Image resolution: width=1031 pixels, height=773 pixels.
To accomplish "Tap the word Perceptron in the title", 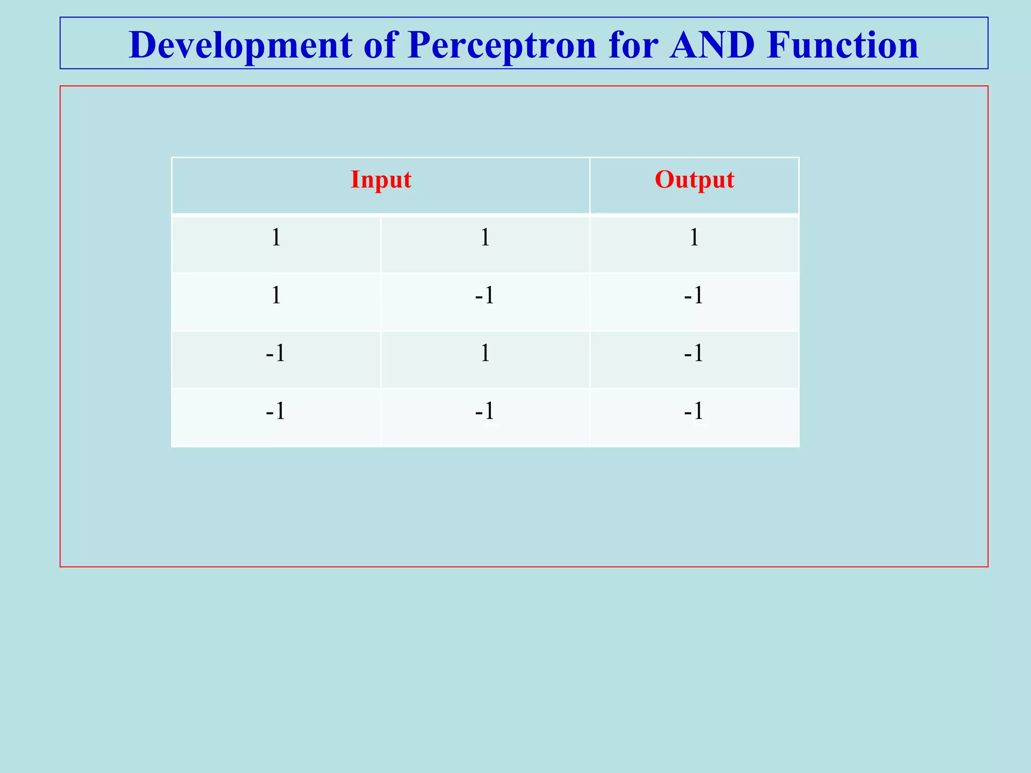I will tap(502, 45).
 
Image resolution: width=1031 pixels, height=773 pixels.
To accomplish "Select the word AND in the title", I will tap(712, 45).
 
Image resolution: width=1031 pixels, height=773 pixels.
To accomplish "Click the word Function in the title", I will tap(843, 45).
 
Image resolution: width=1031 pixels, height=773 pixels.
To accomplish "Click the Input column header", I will tap(381, 180).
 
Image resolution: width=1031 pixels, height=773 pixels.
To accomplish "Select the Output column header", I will tap(694, 180).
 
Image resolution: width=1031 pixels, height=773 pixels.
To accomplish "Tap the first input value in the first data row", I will tap(276, 238).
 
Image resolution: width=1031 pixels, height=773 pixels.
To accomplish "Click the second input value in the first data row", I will tap(485, 238).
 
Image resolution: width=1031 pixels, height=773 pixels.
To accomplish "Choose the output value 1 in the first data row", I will tap(694, 238).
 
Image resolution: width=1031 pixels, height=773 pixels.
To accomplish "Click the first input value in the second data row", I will tap(276, 295).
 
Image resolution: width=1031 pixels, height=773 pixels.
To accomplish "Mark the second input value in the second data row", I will tap(485, 295).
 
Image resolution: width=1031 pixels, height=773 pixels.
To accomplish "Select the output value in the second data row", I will tap(694, 295).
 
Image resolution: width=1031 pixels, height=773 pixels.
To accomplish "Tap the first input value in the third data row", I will tap(276, 353).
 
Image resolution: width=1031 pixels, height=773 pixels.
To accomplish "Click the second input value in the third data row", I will tap(485, 353).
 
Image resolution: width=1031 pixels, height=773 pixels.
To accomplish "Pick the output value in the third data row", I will tap(694, 353).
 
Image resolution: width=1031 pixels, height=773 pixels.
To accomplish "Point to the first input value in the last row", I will tap(276, 411).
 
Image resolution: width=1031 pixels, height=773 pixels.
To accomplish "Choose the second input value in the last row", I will tap(485, 411).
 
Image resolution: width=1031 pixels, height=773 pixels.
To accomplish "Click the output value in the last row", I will tap(694, 411).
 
